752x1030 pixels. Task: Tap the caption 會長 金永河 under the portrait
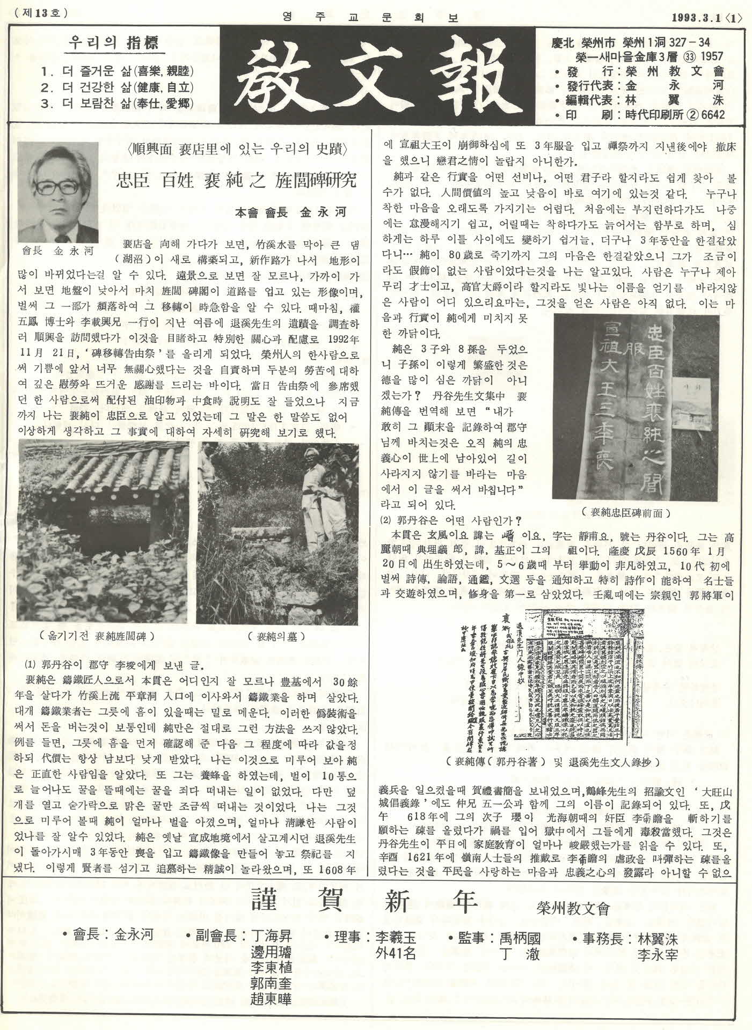click(58, 250)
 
